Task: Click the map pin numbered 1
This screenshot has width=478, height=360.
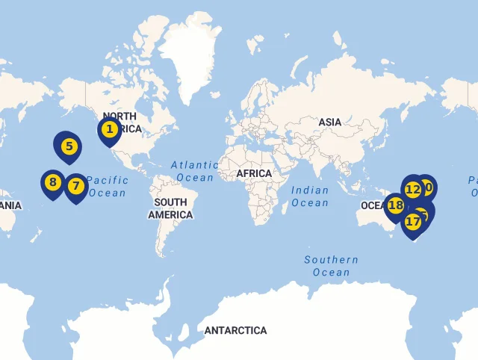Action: [110, 130]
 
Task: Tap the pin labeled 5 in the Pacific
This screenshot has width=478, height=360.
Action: [69, 146]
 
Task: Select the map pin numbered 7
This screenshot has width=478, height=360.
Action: [75, 185]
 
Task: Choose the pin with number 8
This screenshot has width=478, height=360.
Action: [52, 182]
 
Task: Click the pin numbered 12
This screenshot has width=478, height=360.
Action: [413, 189]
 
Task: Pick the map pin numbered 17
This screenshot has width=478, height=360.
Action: [413, 222]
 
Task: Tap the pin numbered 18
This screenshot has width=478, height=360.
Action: [395, 205]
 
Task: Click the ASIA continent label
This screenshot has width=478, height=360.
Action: [330, 122]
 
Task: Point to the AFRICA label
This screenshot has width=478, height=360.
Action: [254, 174]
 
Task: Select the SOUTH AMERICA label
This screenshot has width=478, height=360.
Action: [170, 208]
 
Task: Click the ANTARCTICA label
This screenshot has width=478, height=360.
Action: [235, 330]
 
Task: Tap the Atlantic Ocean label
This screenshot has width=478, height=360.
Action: [195, 171]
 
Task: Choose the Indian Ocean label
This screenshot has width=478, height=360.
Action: [310, 197]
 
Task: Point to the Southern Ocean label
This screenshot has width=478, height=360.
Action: [331, 266]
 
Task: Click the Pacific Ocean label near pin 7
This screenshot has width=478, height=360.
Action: [107, 187]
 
